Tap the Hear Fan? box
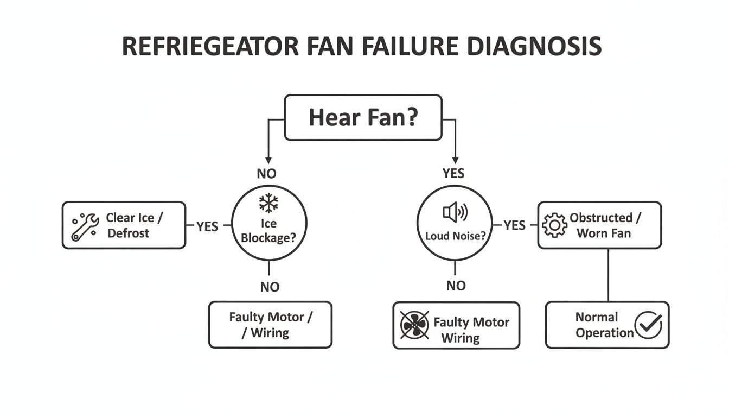pyautogui.click(x=363, y=117)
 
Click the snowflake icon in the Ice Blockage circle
pyautogui.click(x=268, y=204)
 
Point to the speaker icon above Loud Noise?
pyautogui.click(x=455, y=212)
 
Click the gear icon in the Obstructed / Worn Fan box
pyautogui.click(x=554, y=225)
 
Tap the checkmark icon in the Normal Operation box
pyautogui.click(x=648, y=325)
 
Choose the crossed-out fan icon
pyautogui.click(x=414, y=325)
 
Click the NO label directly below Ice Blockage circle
pyautogui.click(x=270, y=287)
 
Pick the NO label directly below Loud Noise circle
pyautogui.click(x=456, y=286)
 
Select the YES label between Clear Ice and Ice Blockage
pyautogui.click(x=207, y=226)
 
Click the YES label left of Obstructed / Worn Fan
pyautogui.click(x=514, y=225)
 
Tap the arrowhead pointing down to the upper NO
pyautogui.click(x=268, y=160)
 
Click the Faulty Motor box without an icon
pyautogui.click(x=270, y=325)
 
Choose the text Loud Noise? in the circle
pyautogui.click(x=454, y=237)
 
